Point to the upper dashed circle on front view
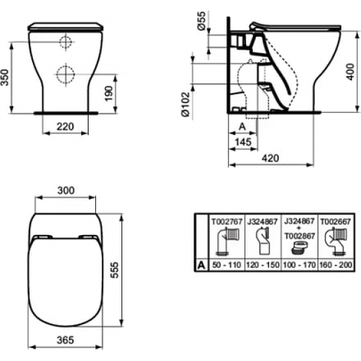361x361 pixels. click(x=66, y=43)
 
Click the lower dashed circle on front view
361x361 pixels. click(x=65, y=74)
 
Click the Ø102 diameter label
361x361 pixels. click(x=186, y=103)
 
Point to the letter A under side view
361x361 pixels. click(x=241, y=125)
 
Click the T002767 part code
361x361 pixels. click(x=223, y=223)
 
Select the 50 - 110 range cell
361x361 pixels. click(x=223, y=266)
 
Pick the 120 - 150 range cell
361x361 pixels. click(x=261, y=266)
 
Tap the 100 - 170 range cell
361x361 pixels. click(x=300, y=266)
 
